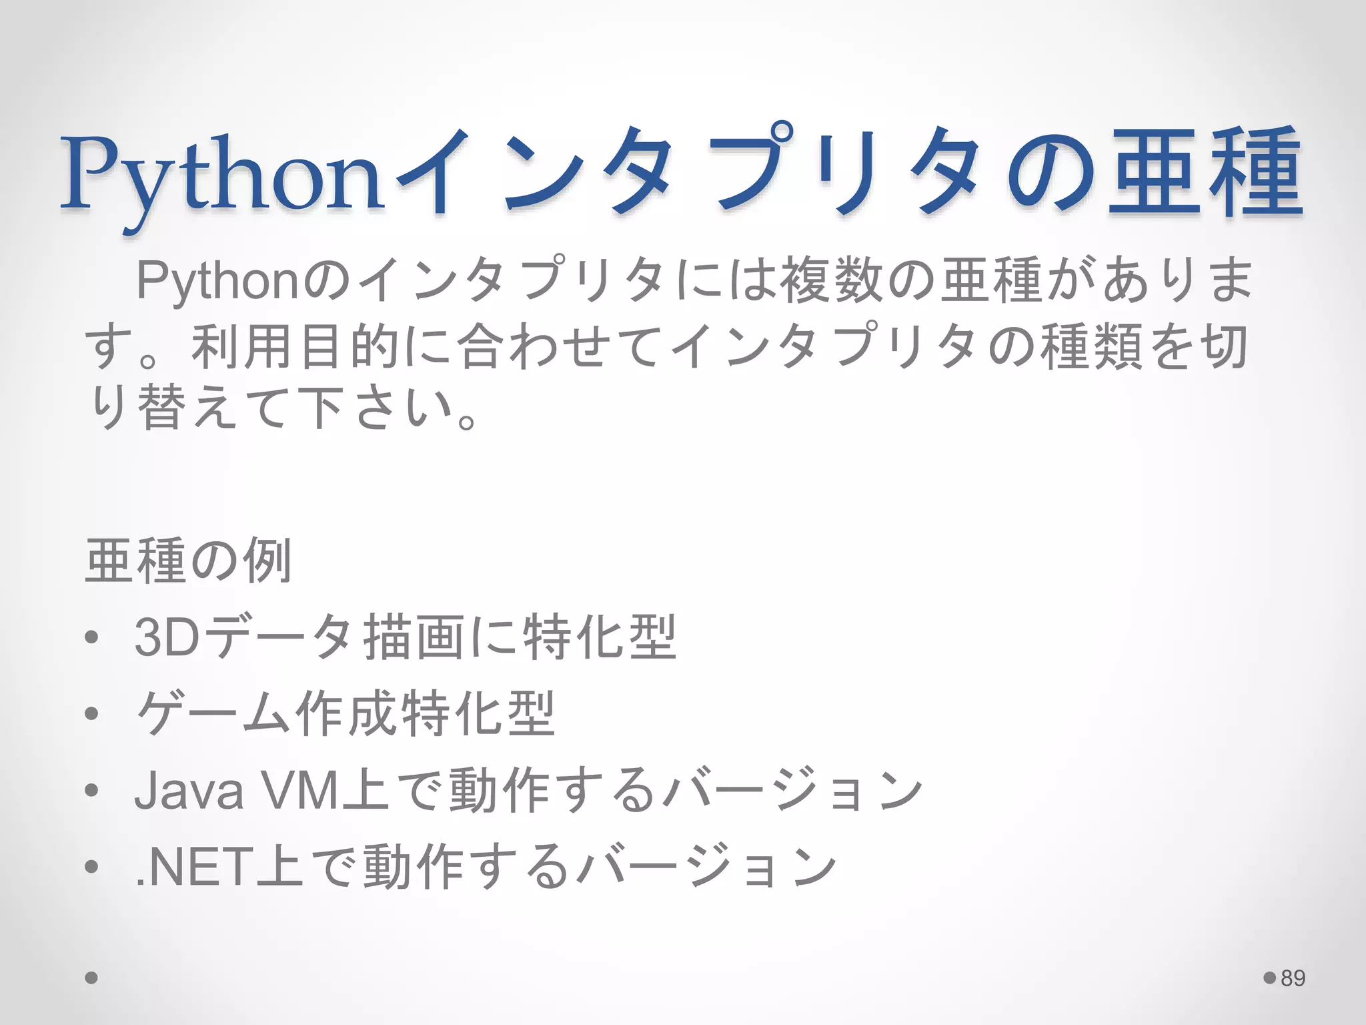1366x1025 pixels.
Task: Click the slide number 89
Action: point(1293,978)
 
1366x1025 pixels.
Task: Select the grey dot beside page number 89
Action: point(1269,978)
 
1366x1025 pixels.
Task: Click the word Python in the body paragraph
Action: point(217,281)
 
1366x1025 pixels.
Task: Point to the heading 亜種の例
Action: point(189,561)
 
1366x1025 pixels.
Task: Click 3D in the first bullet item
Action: point(167,637)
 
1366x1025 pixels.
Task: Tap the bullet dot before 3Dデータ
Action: point(92,637)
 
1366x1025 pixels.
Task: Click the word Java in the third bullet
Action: point(189,790)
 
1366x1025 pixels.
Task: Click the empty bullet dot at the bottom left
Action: point(92,978)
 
